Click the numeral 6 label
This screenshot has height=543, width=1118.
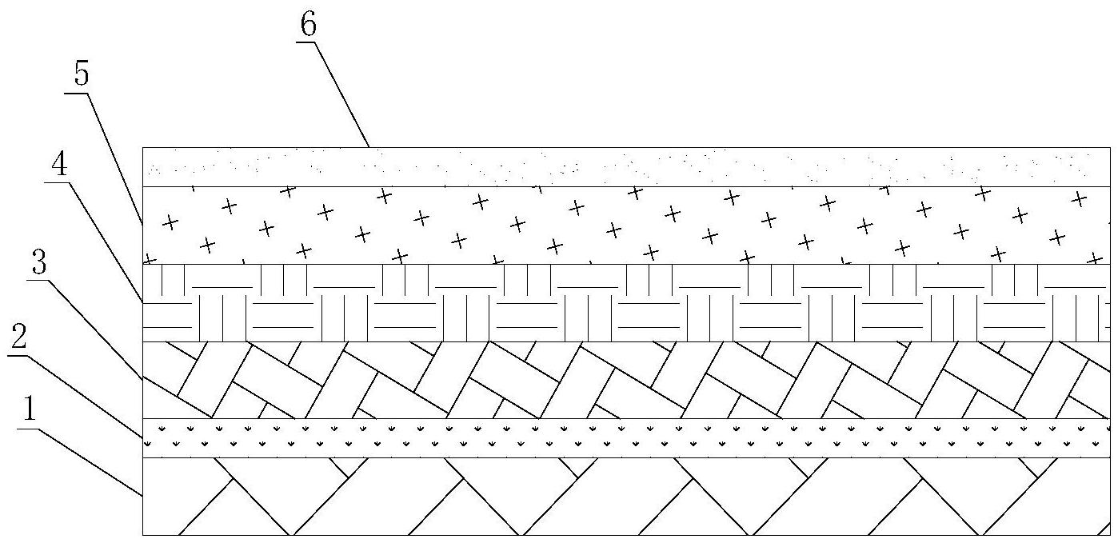(x=308, y=25)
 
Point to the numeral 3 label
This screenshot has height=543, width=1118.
(x=38, y=264)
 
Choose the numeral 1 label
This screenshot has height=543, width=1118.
(x=29, y=410)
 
